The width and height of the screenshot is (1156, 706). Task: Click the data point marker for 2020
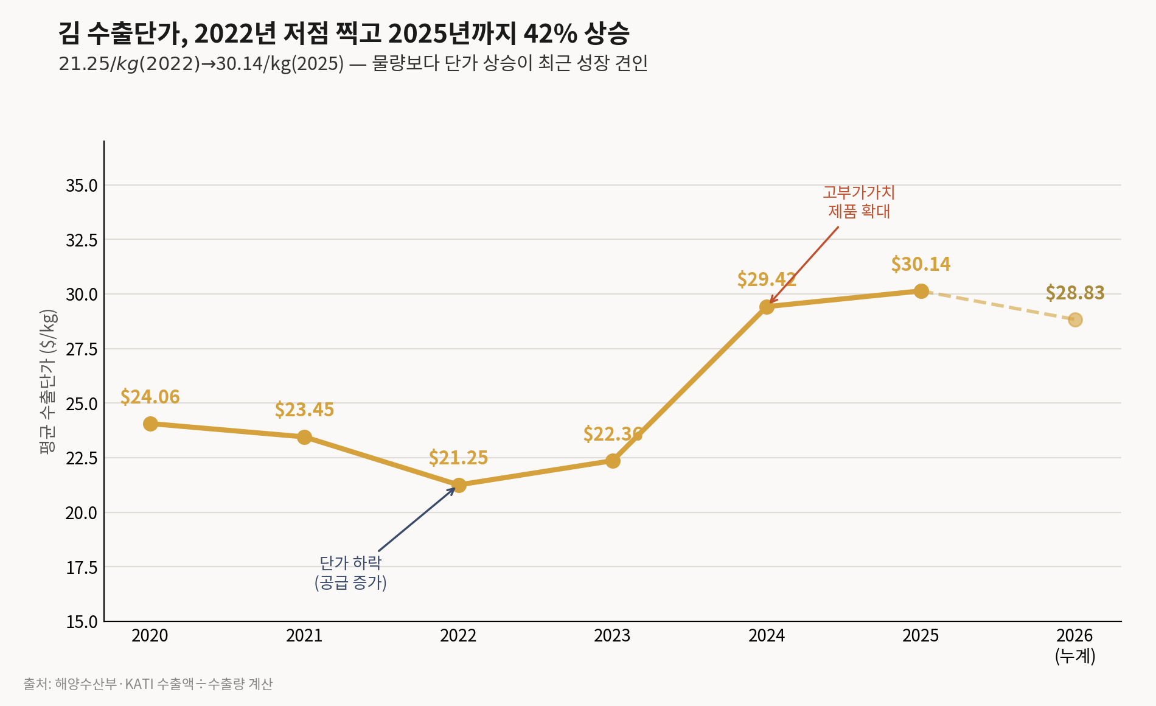pyautogui.click(x=150, y=424)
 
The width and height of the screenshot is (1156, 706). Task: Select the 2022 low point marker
pyautogui.click(x=459, y=485)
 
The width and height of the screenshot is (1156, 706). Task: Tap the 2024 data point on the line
pyautogui.click(x=767, y=307)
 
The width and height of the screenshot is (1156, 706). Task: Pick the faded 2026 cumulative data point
pyautogui.click(x=1075, y=320)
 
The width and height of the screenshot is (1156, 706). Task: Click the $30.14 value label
pyautogui.click(x=921, y=264)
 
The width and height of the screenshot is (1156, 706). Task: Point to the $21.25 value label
pyautogui.click(x=458, y=458)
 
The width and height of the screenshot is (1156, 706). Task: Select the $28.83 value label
pyautogui.click(x=1075, y=293)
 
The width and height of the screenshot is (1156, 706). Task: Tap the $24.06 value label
pyautogui.click(x=150, y=397)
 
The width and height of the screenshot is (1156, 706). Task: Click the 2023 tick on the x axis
pyautogui.click(x=612, y=636)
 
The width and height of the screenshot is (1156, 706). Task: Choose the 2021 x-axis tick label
pyautogui.click(x=304, y=636)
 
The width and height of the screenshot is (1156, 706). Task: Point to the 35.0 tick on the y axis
pyautogui.click(x=82, y=186)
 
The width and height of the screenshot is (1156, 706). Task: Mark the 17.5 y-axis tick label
pyautogui.click(x=82, y=568)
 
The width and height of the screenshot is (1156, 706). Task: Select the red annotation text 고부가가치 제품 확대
pyautogui.click(x=859, y=201)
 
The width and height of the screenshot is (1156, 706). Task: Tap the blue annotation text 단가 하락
pyautogui.click(x=350, y=562)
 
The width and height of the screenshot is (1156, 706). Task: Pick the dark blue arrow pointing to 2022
pyautogui.click(x=417, y=519)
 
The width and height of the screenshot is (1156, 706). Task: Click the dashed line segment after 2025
pyautogui.click(x=998, y=306)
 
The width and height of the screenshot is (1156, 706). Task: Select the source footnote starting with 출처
pyautogui.click(x=148, y=684)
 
